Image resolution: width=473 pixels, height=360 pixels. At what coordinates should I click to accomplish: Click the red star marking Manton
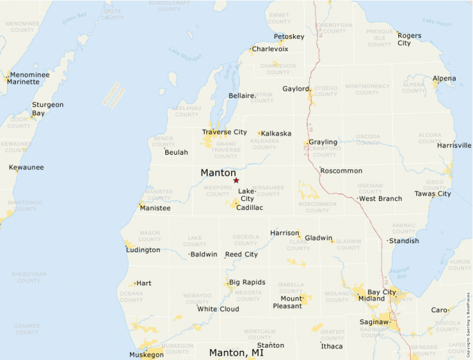[x=236, y=180]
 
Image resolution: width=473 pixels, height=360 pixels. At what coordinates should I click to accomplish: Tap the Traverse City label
[x=224, y=132]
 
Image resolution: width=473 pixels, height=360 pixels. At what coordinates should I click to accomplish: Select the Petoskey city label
[x=288, y=37]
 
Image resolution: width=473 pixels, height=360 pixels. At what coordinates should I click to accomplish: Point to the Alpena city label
[x=444, y=78]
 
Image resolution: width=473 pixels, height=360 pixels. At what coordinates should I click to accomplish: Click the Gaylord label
[x=295, y=88]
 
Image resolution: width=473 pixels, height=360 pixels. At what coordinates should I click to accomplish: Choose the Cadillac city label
[x=250, y=207]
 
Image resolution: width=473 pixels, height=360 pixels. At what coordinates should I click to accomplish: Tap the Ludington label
[x=143, y=249]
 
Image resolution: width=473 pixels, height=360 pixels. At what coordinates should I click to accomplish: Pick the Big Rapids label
[x=247, y=282]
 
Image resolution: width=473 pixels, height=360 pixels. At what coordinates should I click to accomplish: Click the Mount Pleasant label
[x=287, y=302]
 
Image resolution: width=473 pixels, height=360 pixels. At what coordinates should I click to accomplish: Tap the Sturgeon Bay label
[x=48, y=108]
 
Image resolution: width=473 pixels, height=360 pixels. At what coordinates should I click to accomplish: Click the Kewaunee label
[x=26, y=167]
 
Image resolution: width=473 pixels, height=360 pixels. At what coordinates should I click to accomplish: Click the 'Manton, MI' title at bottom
[x=236, y=352]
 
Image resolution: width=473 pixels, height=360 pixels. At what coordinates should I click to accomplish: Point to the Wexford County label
[x=218, y=189]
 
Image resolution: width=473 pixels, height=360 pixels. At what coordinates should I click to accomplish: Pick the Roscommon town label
[x=341, y=170]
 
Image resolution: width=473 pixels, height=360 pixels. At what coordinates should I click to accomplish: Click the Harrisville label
[x=454, y=145]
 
